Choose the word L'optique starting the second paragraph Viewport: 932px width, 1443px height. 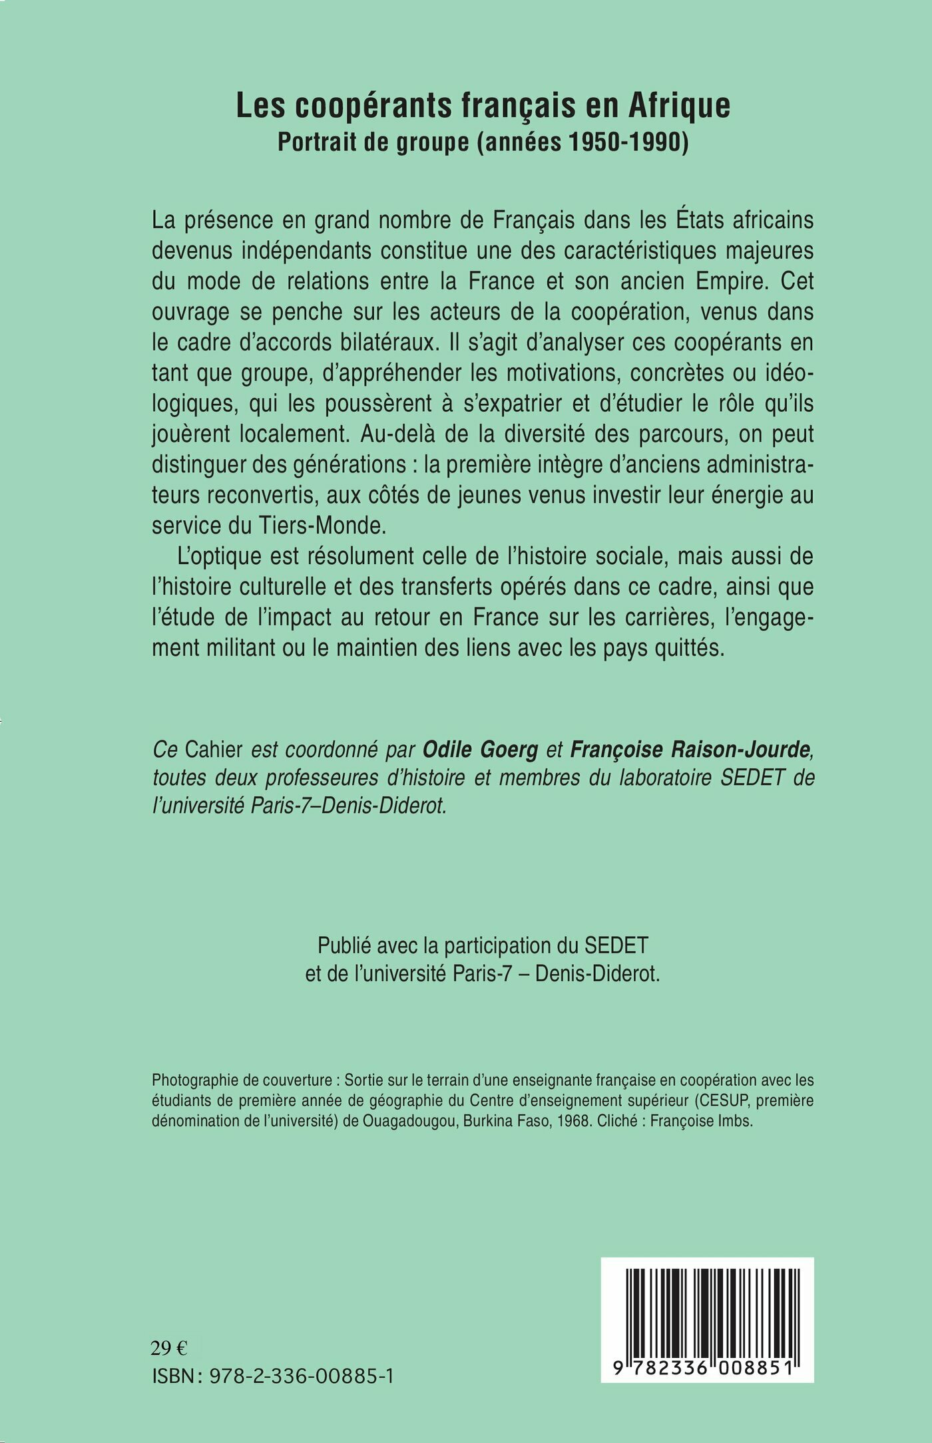coord(216,556)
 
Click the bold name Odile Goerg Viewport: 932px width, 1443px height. coord(480,749)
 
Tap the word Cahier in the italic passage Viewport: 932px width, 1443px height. coord(214,749)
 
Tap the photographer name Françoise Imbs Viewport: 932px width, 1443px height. coord(700,1121)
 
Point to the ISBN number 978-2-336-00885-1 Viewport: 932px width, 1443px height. coord(301,1376)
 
